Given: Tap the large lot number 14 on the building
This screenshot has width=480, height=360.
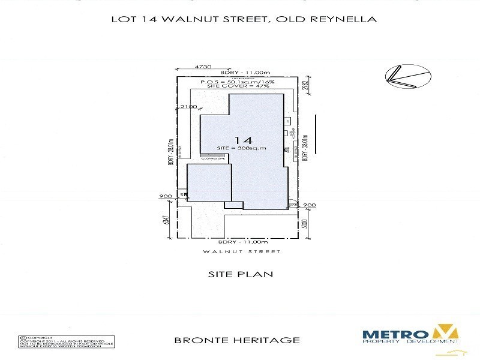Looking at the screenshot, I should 241,137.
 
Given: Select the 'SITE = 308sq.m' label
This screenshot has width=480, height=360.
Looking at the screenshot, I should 241,148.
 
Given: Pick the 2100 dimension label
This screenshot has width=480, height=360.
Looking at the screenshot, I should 187,107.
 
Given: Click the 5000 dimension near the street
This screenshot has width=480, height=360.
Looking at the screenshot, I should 305,224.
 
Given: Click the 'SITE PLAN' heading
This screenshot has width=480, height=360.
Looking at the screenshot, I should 239,274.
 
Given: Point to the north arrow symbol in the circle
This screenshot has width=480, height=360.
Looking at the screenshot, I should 408,75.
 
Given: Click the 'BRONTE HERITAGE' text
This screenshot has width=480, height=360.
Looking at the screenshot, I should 236,340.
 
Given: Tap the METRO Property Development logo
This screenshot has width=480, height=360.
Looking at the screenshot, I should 410,335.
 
